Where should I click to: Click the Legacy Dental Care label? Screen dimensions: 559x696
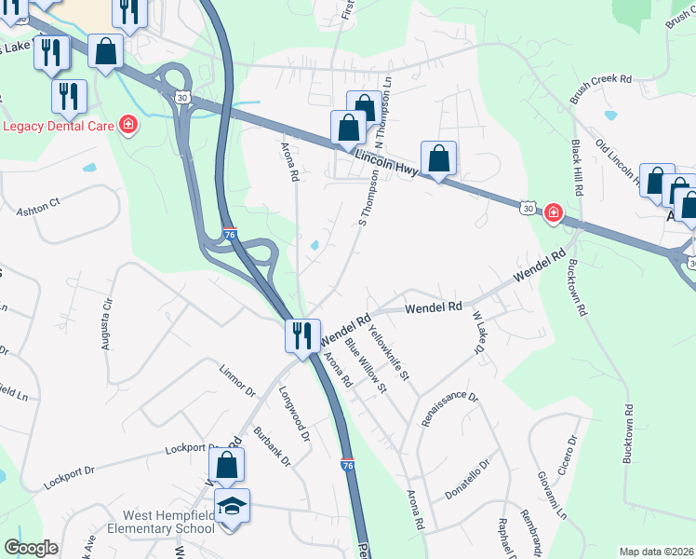(58, 126)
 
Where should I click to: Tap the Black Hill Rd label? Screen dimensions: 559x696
(577, 168)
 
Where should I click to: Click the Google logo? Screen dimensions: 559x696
(31, 548)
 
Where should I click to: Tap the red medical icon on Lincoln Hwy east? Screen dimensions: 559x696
(553, 214)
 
